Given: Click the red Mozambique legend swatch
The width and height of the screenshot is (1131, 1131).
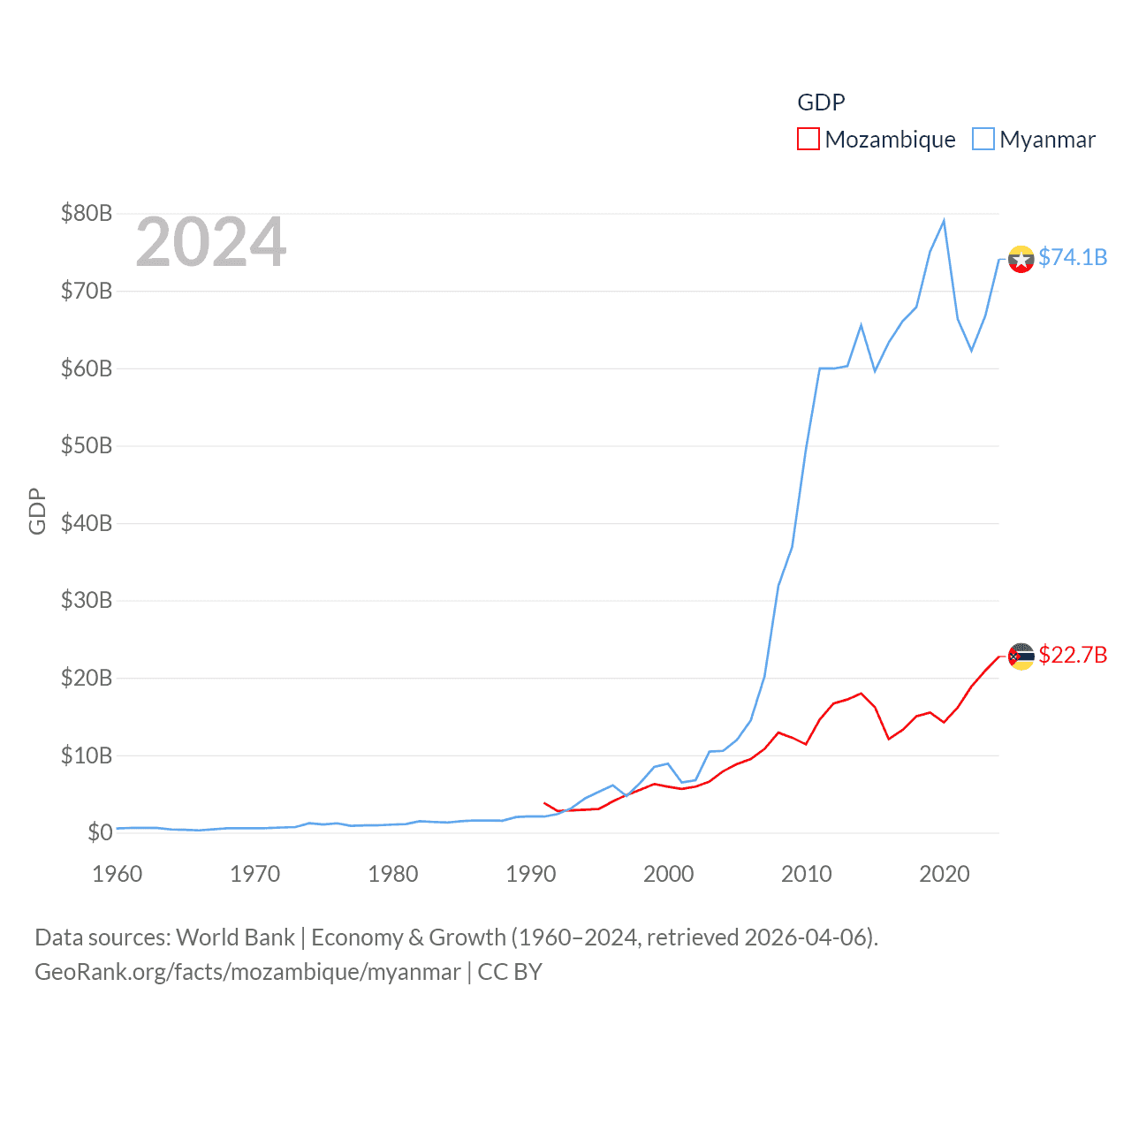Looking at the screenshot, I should point(808,140).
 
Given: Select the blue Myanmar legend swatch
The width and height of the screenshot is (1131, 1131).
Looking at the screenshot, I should point(983,140).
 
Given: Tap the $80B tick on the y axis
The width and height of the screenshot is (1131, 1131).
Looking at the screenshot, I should point(87,213).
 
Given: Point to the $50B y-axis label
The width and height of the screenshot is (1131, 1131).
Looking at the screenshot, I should point(87,445).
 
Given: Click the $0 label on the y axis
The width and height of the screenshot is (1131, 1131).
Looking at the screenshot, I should point(100,832).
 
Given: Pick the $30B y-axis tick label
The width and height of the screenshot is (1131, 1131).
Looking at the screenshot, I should point(87,600).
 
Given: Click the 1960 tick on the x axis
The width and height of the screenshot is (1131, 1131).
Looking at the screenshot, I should point(118,874).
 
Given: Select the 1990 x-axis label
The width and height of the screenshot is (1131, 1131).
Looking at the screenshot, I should point(531,874).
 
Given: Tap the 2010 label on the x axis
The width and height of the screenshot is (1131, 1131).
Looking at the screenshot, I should point(807,874).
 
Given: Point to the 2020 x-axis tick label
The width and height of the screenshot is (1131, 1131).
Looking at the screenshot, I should point(945,874).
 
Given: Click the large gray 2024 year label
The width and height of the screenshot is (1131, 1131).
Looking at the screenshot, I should point(211,242).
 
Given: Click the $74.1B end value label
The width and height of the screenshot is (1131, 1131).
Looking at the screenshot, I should point(1073,257).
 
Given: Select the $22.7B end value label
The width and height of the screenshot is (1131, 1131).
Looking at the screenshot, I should point(1073,655).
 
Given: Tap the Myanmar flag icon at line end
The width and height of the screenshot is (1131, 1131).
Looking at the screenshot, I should point(1021,259).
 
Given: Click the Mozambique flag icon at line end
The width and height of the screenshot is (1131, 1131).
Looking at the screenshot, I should point(1021,657).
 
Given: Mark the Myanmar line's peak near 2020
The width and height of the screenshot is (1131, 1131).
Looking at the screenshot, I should point(944,221).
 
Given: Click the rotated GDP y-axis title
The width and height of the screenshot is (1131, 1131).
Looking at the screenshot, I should point(37,511).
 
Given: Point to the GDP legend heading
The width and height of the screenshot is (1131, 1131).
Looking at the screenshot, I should point(821,102).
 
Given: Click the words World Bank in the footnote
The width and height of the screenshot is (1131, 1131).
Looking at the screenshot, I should point(235,937).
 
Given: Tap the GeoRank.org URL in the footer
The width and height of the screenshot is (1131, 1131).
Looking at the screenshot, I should point(247,972).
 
